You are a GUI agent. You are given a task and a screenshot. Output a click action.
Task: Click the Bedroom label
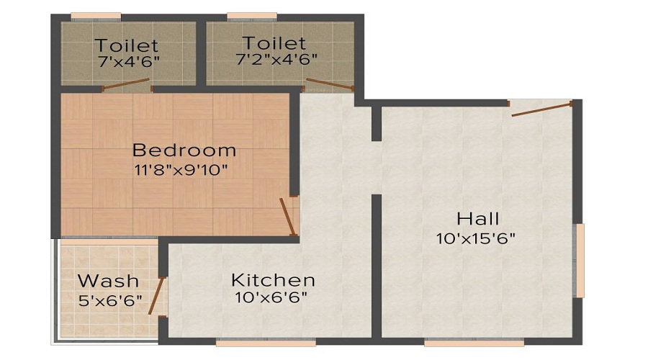click(184, 150)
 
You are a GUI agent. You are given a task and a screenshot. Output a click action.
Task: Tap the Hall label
click(478, 218)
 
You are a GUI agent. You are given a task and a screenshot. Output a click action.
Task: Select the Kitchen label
click(273, 280)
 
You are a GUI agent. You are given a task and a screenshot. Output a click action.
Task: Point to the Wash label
click(108, 281)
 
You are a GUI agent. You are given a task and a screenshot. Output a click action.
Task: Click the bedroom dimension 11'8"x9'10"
click(181, 169)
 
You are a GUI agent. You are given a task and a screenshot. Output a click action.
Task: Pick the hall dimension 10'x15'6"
click(476, 238)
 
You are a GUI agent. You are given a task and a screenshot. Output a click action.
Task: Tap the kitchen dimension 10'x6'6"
click(271, 297)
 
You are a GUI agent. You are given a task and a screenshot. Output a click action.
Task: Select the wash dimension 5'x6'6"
click(110, 300)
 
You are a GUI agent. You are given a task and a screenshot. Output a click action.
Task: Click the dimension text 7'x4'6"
click(129, 62)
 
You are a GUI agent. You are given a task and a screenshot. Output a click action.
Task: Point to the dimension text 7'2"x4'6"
click(276, 59)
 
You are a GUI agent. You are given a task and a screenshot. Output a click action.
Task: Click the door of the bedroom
click(287, 217)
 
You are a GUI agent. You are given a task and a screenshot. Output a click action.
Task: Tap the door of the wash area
click(156, 295)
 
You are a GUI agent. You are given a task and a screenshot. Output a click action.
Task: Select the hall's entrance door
click(541, 109)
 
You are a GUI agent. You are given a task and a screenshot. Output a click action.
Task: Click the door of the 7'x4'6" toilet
click(126, 84)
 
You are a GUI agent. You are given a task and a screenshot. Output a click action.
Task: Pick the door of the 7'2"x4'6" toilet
click(330, 84)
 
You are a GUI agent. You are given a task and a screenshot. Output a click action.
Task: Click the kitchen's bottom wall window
click(266, 342)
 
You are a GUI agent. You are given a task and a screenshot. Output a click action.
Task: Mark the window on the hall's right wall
click(580, 261)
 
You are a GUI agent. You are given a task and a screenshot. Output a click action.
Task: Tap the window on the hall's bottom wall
click(474, 342)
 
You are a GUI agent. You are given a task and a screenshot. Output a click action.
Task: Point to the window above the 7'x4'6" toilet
click(96, 16)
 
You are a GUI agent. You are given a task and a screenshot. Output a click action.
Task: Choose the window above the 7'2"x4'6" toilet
click(252, 16)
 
